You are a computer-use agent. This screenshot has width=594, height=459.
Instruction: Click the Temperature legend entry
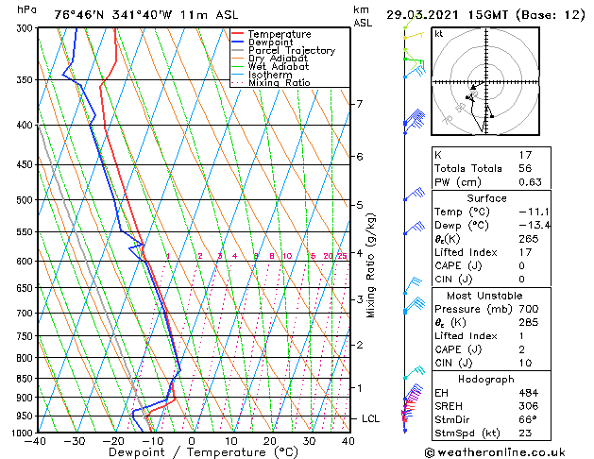[x=279, y=34]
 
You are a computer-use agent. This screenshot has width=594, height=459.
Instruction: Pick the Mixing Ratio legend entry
[x=280, y=83]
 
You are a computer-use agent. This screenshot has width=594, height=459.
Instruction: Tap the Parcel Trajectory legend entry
[x=291, y=51]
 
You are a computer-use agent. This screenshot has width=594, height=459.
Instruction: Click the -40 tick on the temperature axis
[x=36, y=441]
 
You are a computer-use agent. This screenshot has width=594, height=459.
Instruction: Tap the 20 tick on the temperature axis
[x=269, y=441]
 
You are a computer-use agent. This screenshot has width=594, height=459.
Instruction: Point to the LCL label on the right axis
[x=371, y=418]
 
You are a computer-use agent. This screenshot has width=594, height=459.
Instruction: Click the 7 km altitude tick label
[x=358, y=103]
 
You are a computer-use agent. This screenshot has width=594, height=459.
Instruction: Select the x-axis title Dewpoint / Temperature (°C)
[x=193, y=453]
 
